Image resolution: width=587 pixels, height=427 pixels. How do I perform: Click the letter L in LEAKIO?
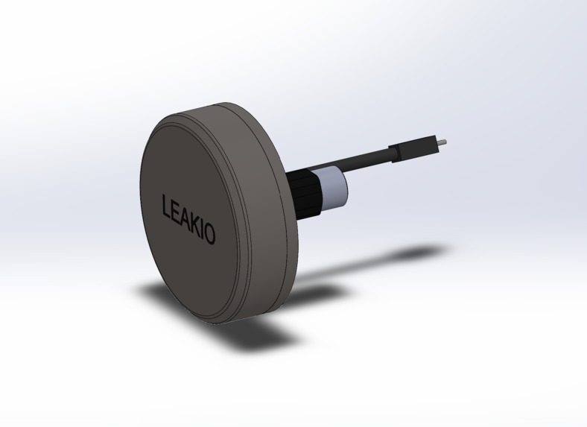pyautogui.click(x=167, y=206)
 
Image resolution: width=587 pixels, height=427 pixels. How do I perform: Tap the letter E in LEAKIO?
pyautogui.click(x=177, y=212)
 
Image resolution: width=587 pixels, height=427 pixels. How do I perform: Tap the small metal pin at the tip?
pyautogui.click(x=443, y=139)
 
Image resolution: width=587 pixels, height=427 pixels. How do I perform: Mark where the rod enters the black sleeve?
pyautogui.click(x=396, y=152)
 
